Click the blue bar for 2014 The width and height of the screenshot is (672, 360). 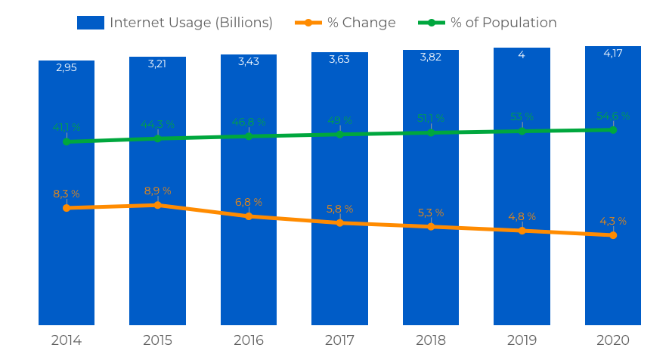pyautogui.click(x=67, y=265)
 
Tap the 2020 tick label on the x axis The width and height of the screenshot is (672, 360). pyautogui.click(x=612, y=340)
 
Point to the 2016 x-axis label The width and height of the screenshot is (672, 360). pyautogui.click(x=249, y=340)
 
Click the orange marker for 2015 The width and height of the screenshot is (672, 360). pyautogui.click(x=157, y=205)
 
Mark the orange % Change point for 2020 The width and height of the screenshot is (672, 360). pyautogui.click(x=612, y=235)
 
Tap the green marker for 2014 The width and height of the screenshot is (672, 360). pyautogui.click(x=67, y=141)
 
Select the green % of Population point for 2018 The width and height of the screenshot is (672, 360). pyautogui.click(x=431, y=132)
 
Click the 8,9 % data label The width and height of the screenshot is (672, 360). pyautogui.click(x=157, y=191)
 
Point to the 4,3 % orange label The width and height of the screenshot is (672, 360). pyautogui.click(x=612, y=221)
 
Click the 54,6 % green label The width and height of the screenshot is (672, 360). pyautogui.click(x=612, y=116)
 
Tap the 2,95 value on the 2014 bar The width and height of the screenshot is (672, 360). pyautogui.click(x=67, y=67)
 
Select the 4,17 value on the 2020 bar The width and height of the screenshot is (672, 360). pyautogui.click(x=612, y=53)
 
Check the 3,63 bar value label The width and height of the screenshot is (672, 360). pyautogui.click(x=339, y=59)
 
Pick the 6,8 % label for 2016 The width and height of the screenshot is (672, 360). pyautogui.click(x=249, y=202)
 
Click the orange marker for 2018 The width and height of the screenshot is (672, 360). pyautogui.click(x=431, y=227)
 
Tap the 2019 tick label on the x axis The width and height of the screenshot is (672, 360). pyautogui.click(x=522, y=340)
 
